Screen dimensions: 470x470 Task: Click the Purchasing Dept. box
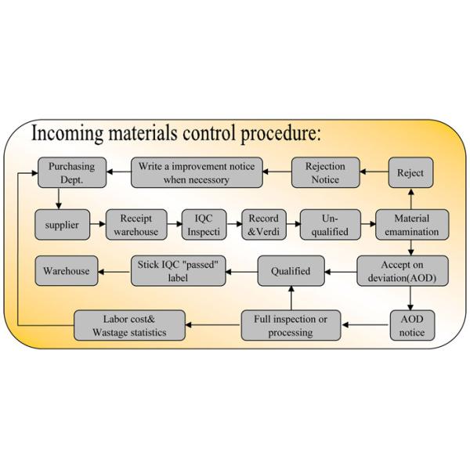(x=72, y=172)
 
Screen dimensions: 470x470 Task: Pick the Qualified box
(x=291, y=272)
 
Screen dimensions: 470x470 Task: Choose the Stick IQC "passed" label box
(x=179, y=271)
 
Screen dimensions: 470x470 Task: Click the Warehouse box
(x=66, y=272)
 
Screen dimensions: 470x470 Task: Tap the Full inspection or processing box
(x=291, y=325)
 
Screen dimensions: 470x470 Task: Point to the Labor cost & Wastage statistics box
(x=130, y=325)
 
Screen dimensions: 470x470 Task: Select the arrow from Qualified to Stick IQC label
(x=243, y=272)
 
